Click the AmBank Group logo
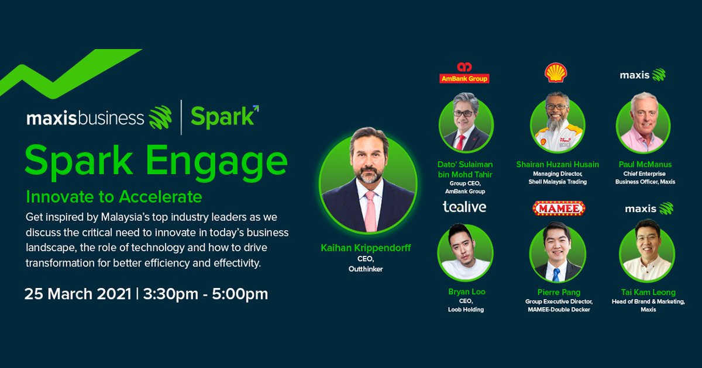tap(464, 72)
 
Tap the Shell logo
tap(556, 73)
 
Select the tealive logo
tap(464, 207)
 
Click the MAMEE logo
tap(559, 209)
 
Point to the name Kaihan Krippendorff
tap(366, 248)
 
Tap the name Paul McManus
tap(645, 164)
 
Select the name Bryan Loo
tap(467, 291)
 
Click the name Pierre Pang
tap(559, 292)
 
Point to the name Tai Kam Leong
tap(648, 292)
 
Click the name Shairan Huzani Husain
tap(558, 164)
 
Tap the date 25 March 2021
tap(78, 294)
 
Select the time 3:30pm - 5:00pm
tap(205, 294)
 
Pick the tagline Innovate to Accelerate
tap(114, 197)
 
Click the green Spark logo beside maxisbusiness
tap(225, 117)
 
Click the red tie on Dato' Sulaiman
tap(460, 143)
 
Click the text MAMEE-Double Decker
tap(559, 310)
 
